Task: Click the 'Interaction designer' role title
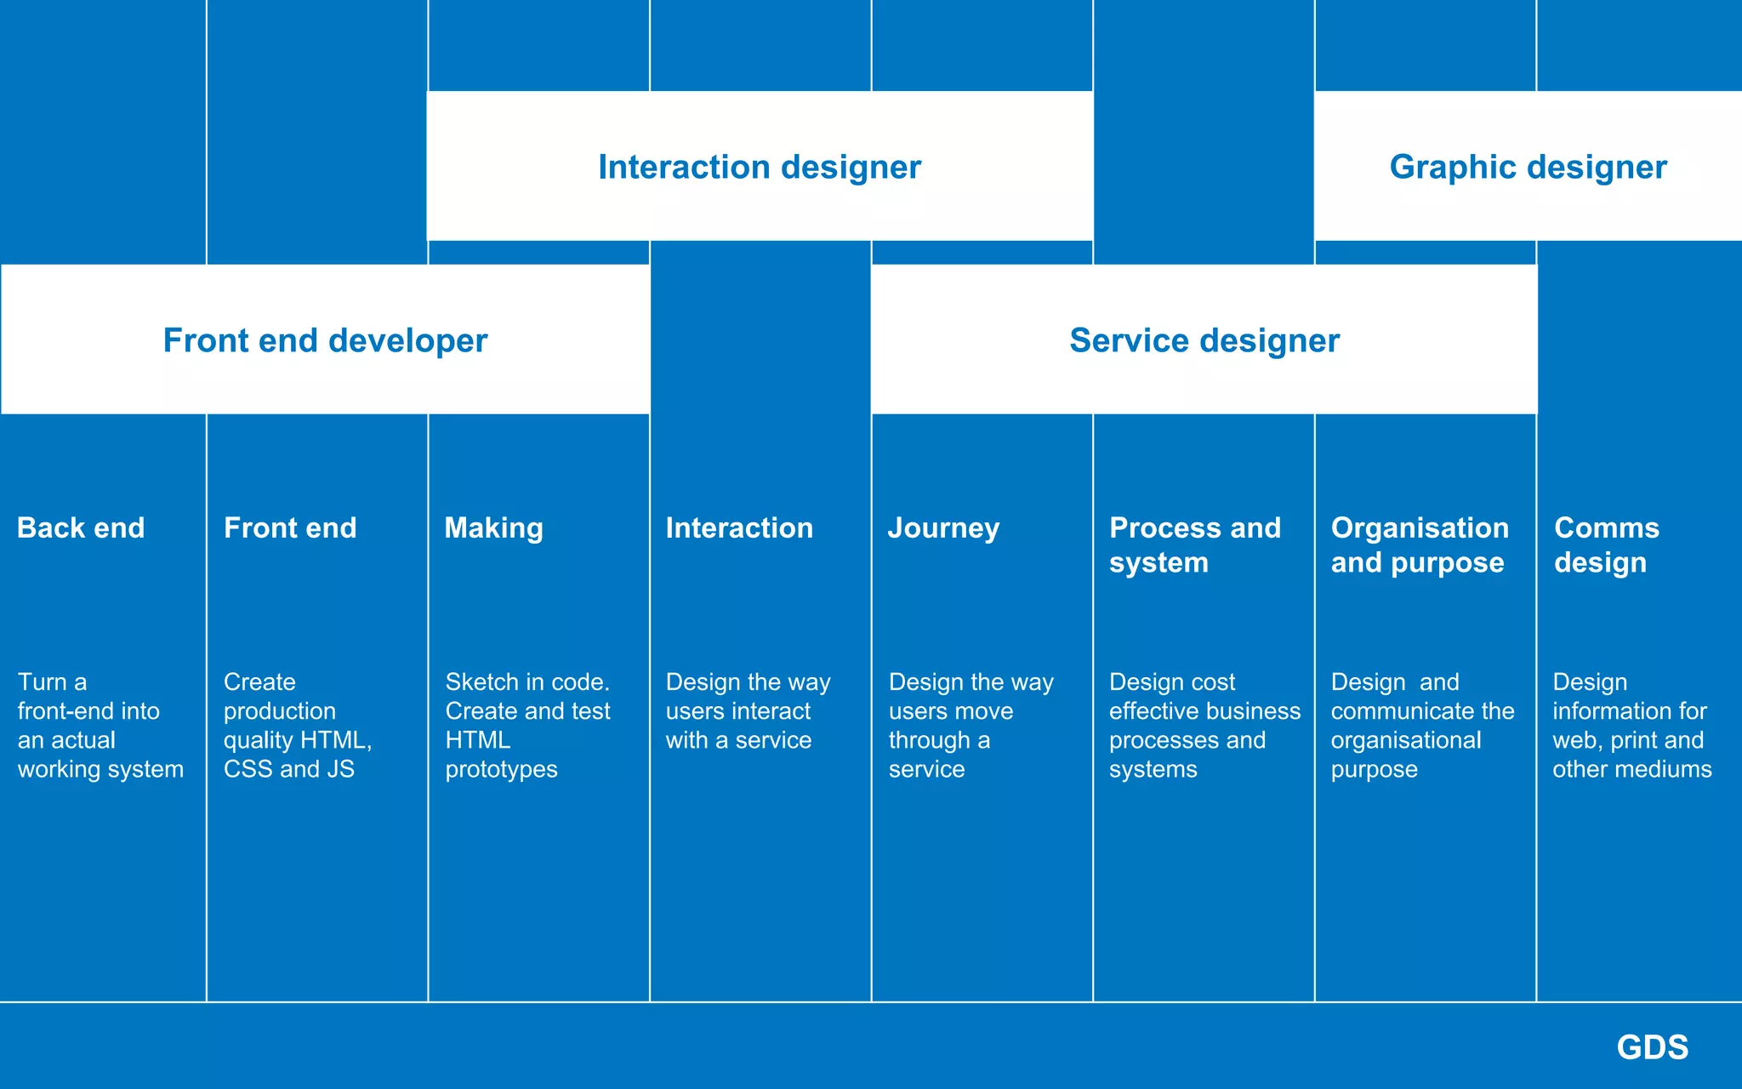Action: coord(759,168)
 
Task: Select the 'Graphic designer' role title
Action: coord(1528,168)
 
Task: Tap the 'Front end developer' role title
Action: coord(325,341)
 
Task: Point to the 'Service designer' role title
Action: coord(1204,341)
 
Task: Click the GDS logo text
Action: coord(1652,1047)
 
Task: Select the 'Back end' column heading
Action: coord(81,528)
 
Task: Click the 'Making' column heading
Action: coord(493,528)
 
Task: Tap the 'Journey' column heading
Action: coord(943,528)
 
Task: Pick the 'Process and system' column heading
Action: coord(1194,545)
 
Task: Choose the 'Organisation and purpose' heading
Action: coord(1419,545)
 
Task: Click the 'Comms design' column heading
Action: coord(1606,545)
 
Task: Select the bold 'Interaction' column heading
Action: coord(739,528)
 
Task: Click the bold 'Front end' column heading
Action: coord(290,528)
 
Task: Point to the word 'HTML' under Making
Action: coord(477,740)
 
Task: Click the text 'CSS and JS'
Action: coord(289,769)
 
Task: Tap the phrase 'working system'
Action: coord(100,769)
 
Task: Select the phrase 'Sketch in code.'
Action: coord(527,682)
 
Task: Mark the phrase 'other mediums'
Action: coord(1631,769)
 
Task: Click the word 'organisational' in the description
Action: coord(1405,740)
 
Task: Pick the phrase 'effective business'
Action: coord(1204,711)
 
